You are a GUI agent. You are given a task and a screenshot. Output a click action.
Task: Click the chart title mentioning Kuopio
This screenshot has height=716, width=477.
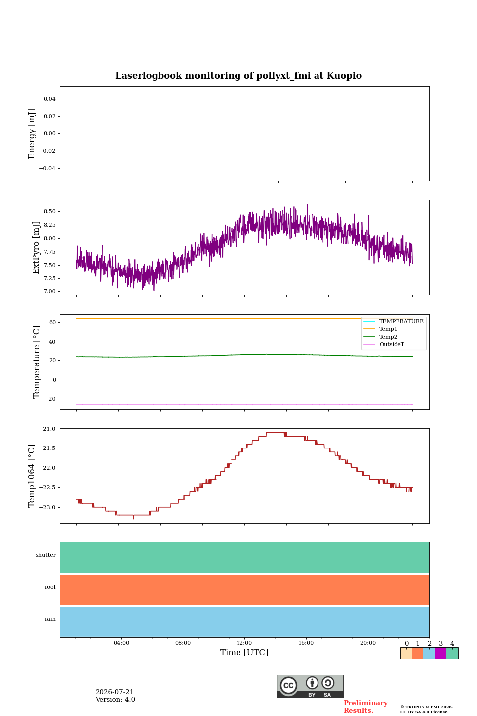[x=238, y=76]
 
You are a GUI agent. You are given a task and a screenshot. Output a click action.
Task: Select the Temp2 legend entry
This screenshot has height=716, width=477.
[x=388, y=337]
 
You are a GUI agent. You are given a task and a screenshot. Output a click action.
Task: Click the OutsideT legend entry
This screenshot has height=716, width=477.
[x=392, y=344]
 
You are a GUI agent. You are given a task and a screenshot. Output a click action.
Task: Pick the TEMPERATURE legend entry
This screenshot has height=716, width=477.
[x=401, y=321]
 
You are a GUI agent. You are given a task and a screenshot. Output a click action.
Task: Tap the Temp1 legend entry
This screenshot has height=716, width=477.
[x=388, y=329]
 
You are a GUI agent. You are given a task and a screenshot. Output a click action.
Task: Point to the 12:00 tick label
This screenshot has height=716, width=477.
[x=244, y=643]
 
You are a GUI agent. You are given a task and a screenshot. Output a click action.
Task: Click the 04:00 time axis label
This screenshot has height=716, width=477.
[x=121, y=643]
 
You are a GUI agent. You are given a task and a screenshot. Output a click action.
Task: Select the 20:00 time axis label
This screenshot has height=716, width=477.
[x=368, y=643]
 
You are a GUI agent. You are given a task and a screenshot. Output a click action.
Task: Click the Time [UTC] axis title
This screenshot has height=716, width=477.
[x=244, y=652]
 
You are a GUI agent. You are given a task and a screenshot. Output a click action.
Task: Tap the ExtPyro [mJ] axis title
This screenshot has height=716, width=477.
[x=36, y=248]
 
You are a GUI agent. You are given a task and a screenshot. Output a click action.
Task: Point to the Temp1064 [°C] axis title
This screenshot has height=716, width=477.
[x=31, y=476]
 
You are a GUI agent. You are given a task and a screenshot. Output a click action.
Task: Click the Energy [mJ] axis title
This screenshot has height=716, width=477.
[x=31, y=134]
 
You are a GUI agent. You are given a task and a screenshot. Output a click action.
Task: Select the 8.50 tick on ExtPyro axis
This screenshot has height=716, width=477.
[x=50, y=212]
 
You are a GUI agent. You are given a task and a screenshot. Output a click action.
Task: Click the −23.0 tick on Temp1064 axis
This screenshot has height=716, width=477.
[x=47, y=507]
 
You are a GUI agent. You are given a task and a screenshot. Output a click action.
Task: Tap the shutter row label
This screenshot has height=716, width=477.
[x=46, y=555]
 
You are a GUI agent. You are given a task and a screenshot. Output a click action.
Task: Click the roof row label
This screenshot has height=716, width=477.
[x=50, y=587]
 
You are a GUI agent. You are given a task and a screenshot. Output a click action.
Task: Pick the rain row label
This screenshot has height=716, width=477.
[x=50, y=619]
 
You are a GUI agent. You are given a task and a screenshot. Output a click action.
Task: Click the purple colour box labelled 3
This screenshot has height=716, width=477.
[x=440, y=653]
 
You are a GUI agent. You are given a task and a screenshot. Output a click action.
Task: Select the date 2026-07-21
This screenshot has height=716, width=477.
[x=115, y=692]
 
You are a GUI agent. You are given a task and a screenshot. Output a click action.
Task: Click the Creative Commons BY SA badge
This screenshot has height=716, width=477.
[x=310, y=686]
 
